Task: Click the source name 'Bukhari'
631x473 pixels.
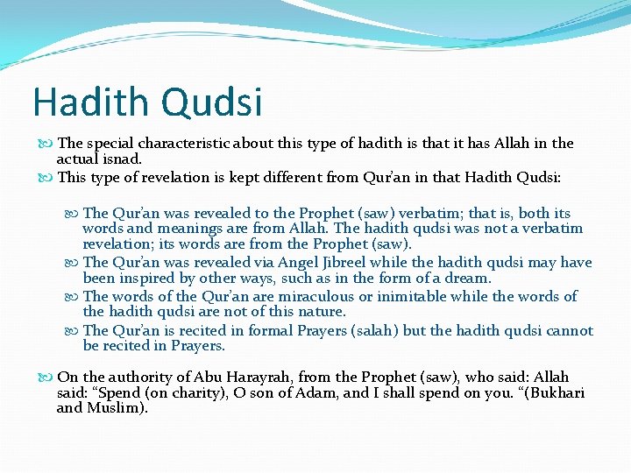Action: point(554,392)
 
